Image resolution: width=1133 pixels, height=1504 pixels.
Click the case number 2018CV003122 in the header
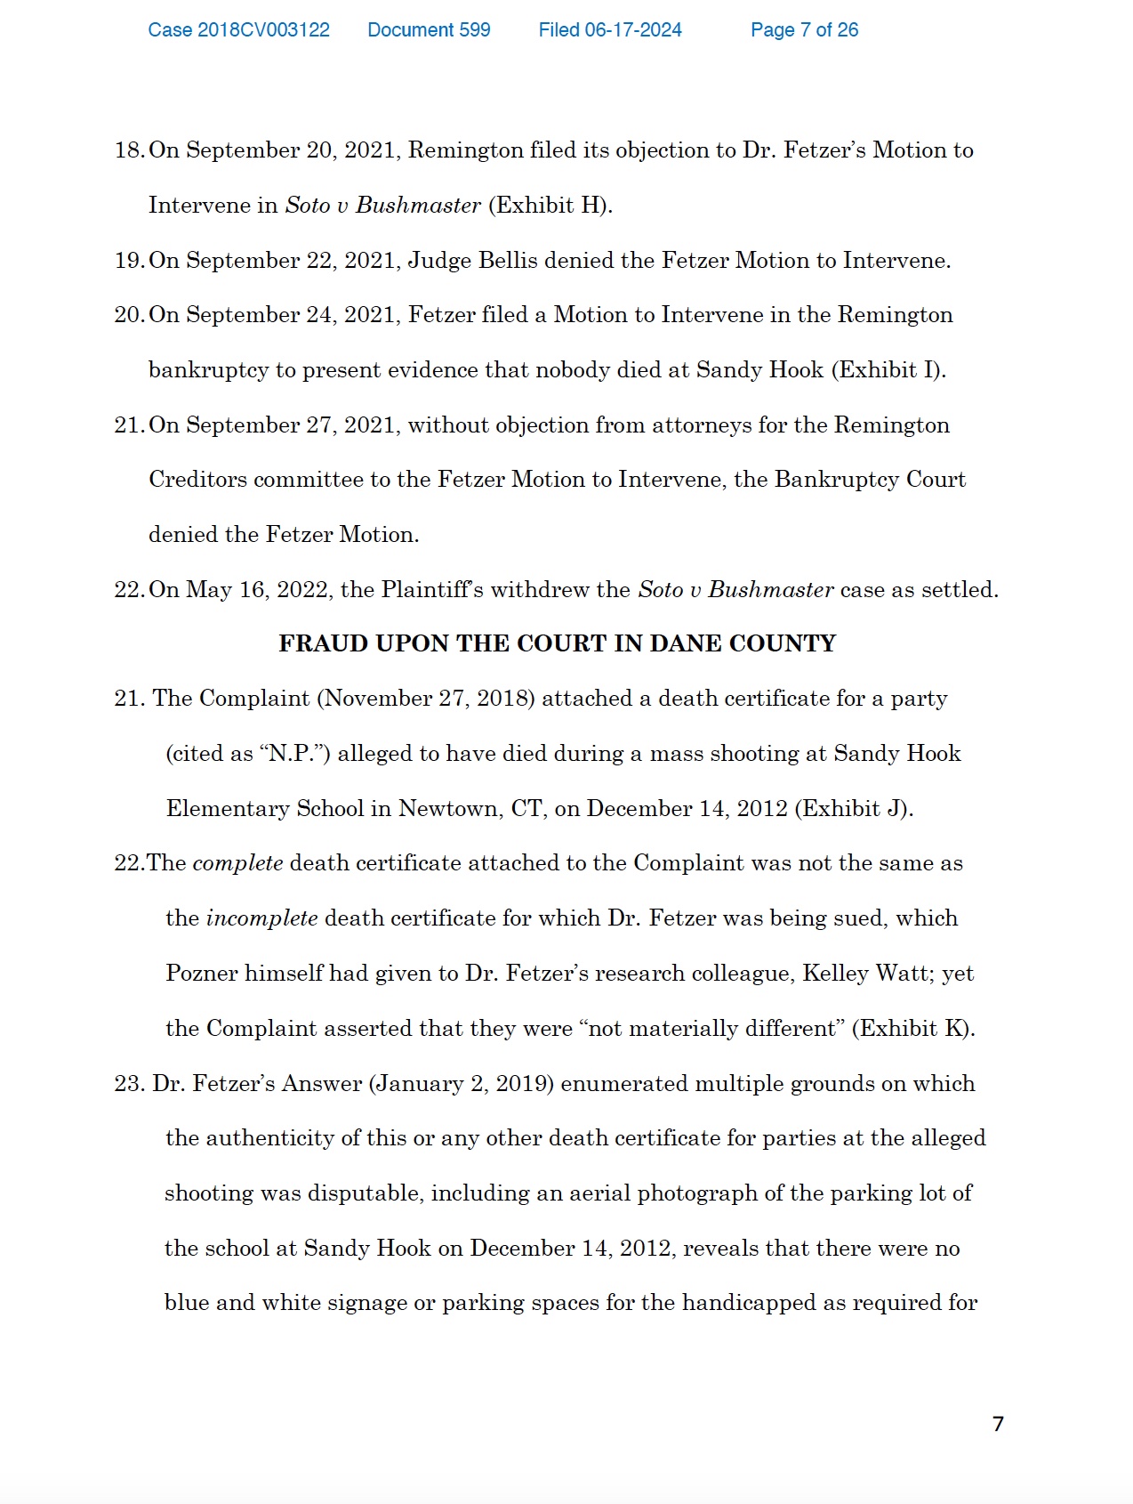click(238, 30)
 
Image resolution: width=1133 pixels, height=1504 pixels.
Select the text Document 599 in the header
click(429, 30)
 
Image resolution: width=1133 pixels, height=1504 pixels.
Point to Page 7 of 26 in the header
click(804, 30)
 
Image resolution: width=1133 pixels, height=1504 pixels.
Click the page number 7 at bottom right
click(998, 1424)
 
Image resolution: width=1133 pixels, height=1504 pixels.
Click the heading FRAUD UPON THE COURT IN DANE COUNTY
click(557, 643)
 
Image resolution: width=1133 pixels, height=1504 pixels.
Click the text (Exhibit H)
click(550, 206)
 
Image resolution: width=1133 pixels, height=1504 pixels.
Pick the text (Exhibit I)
click(888, 370)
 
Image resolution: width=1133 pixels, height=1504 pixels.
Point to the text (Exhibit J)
click(854, 809)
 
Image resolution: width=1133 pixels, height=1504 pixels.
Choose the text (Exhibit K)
click(913, 1029)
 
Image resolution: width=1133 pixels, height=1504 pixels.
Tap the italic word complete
click(237, 863)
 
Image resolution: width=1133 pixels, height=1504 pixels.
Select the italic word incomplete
click(261, 918)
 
